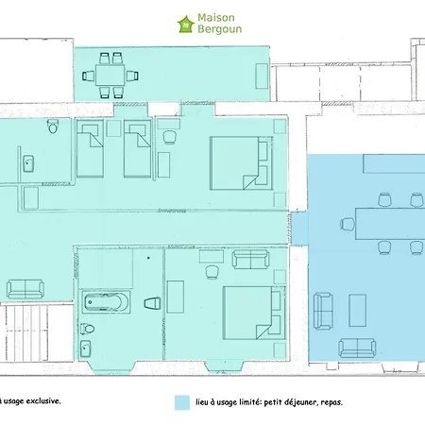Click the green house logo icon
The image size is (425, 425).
185,25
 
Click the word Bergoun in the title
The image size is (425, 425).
220,29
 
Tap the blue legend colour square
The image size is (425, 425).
182,402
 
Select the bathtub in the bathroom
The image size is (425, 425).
106,302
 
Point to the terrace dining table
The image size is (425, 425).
110,76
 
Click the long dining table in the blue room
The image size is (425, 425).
390,224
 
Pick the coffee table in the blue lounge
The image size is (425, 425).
357,311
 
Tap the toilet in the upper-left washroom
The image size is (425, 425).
53,126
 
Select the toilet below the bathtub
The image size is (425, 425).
87,329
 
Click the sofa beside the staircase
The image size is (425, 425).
25,289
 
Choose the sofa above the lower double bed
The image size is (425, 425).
250,260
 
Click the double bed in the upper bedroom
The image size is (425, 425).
241,163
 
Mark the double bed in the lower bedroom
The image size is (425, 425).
254,313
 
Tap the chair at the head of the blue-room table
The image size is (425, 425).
348,224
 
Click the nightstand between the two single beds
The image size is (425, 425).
113,128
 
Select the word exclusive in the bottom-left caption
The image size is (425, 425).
43,401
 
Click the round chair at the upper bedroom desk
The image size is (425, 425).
170,137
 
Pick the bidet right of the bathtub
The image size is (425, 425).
153,303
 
